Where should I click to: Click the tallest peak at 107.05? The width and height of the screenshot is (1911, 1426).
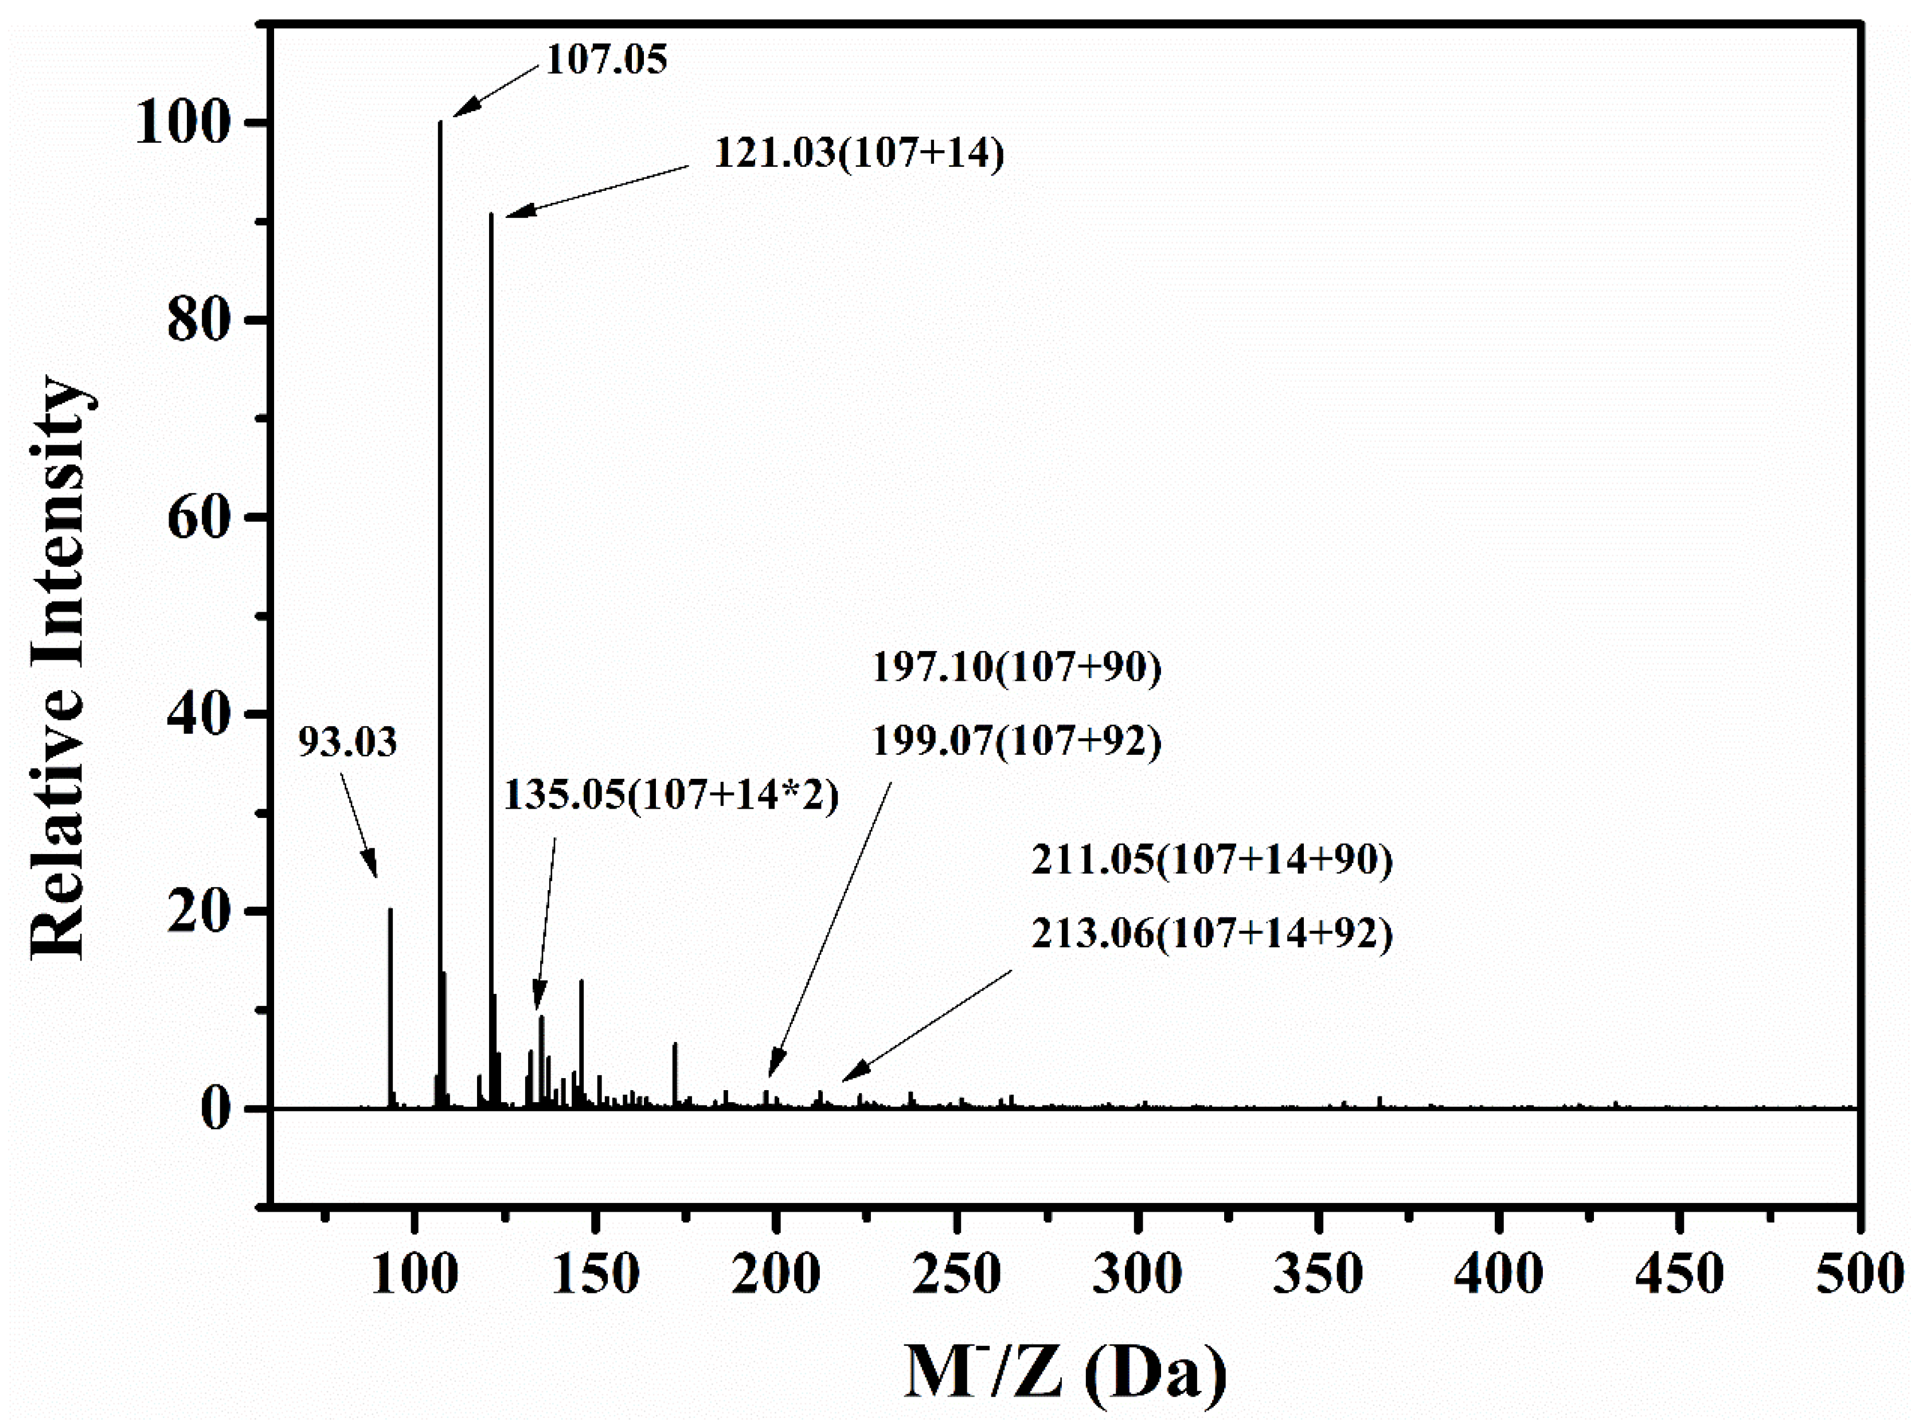(x=440, y=604)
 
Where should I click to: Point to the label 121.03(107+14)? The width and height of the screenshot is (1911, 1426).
(x=859, y=154)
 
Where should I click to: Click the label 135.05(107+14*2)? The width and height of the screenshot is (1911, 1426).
(x=671, y=795)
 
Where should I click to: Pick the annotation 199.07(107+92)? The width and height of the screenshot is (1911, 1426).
(x=1017, y=742)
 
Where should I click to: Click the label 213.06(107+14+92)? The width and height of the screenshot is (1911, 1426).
(x=1212, y=934)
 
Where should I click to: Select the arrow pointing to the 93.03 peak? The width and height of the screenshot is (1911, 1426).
(x=358, y=824)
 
